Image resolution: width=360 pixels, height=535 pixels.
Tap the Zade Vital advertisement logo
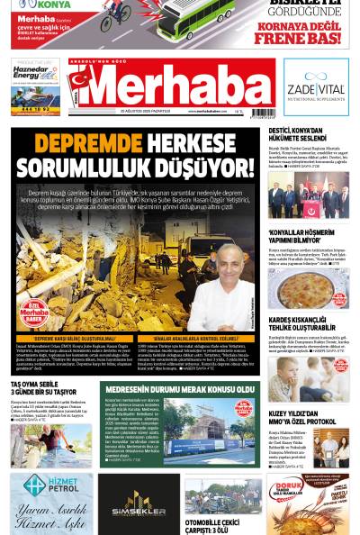(315, 86)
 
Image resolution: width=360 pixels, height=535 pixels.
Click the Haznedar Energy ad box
(35, 86)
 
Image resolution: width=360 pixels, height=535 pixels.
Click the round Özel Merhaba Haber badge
(35, 312)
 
